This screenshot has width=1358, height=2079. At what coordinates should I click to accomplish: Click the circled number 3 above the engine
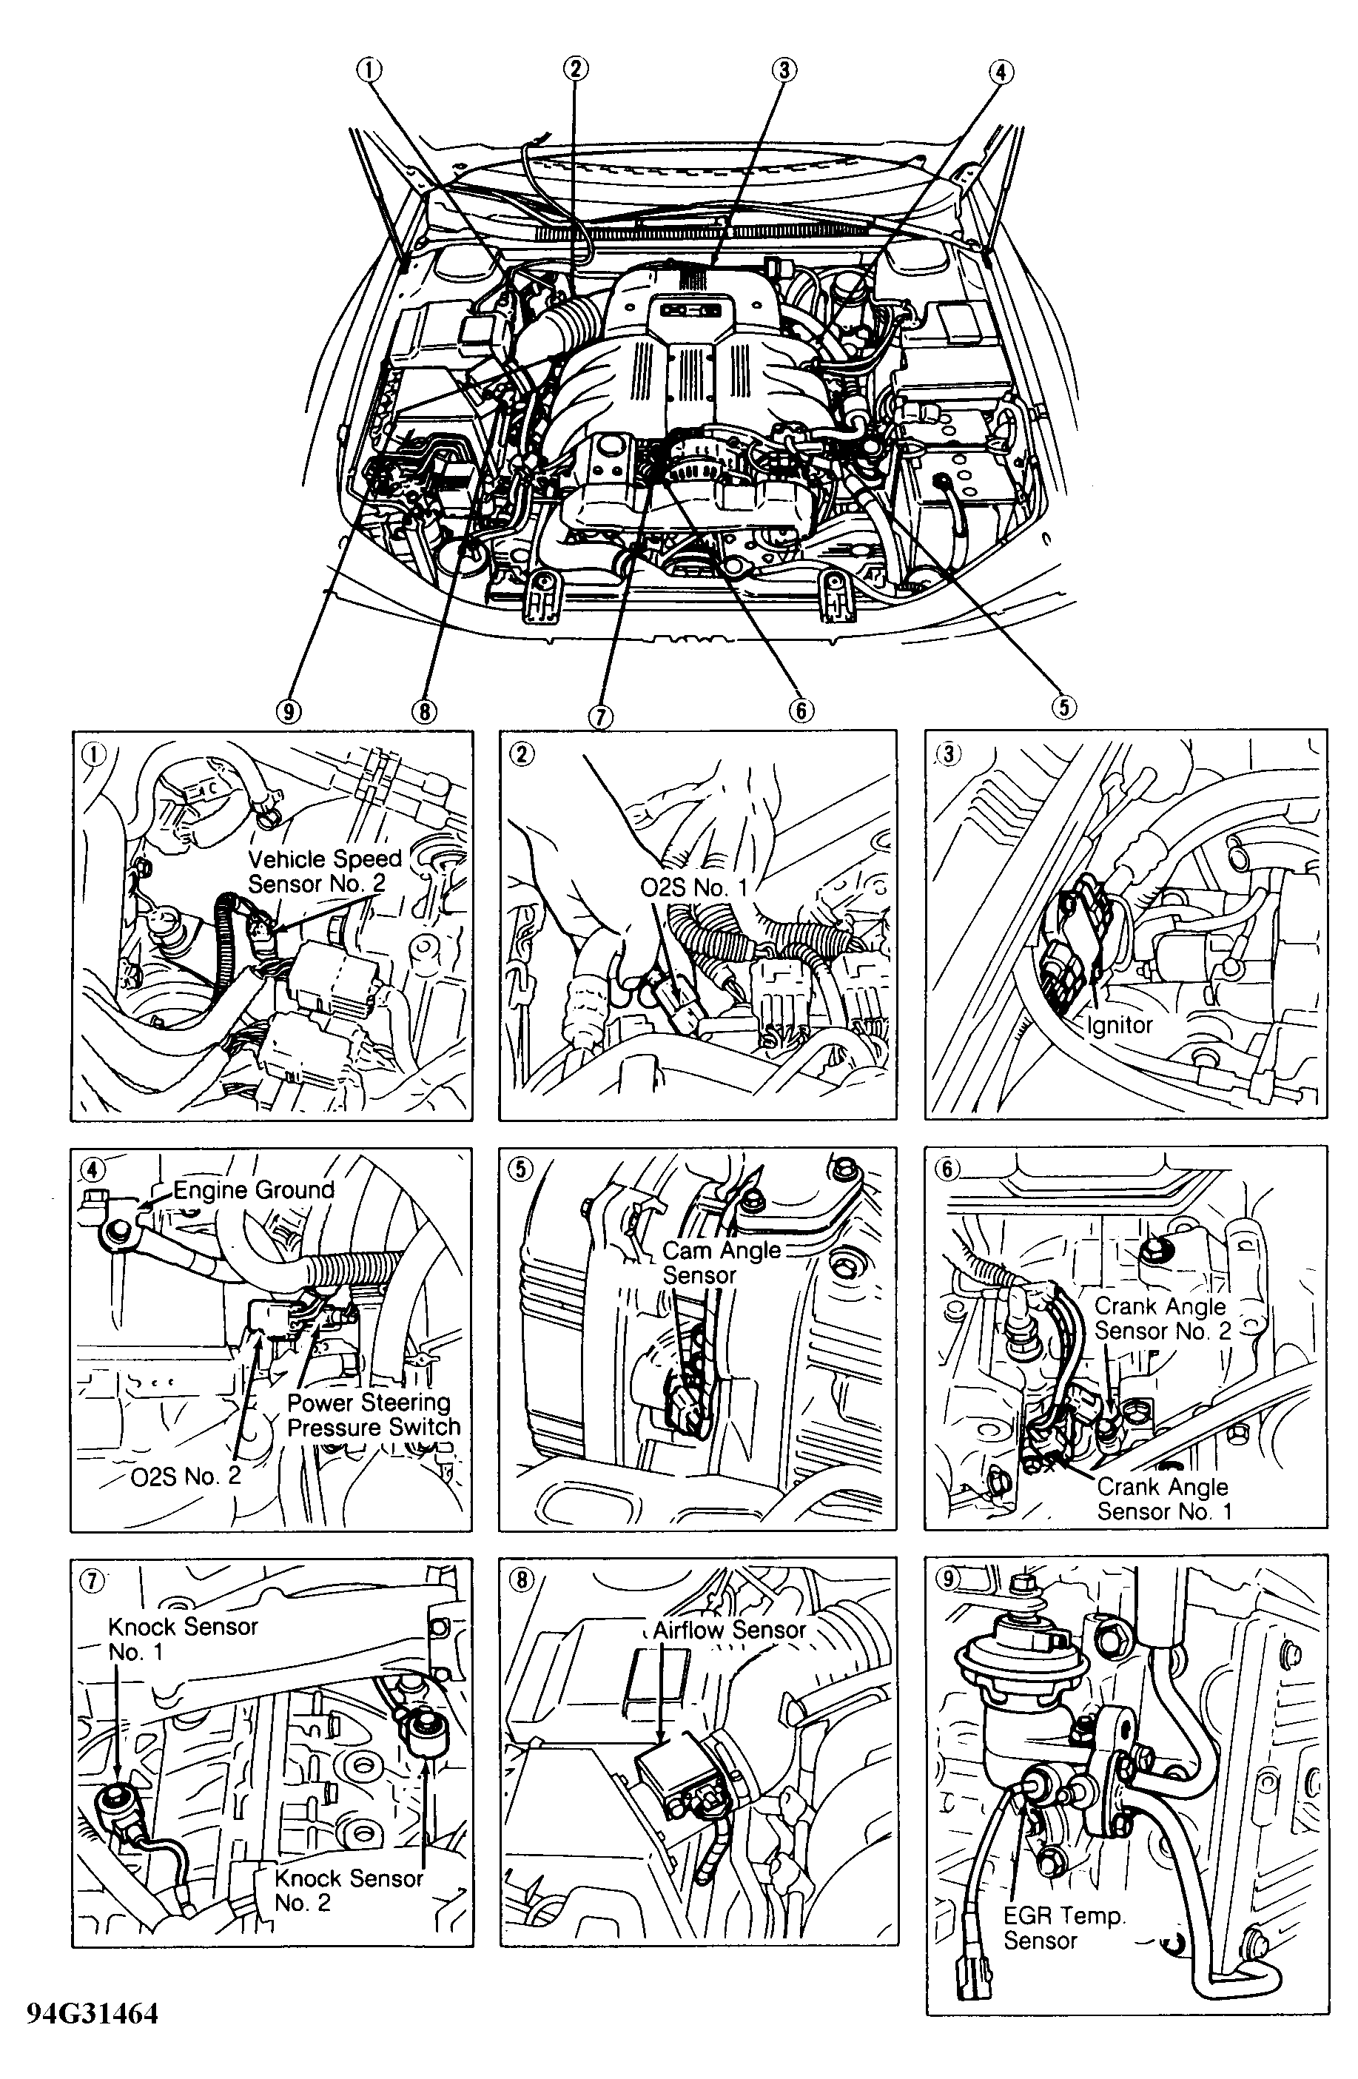784,70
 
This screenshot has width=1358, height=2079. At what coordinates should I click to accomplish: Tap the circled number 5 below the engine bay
1063,706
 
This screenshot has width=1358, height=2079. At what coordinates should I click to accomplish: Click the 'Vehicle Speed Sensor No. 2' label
325,871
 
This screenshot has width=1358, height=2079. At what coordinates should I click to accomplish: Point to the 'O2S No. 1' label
694,887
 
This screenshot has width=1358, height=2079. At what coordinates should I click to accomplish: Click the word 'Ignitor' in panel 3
1120,1024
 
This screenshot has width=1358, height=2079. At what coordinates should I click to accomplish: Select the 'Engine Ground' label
253,1190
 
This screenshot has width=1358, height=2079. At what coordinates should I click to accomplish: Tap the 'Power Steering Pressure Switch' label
374,1414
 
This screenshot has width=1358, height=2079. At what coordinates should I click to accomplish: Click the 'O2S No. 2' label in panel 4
185,1477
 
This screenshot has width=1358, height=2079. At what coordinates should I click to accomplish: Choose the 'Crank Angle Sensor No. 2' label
1163,1318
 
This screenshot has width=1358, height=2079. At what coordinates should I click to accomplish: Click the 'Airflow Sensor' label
730,1629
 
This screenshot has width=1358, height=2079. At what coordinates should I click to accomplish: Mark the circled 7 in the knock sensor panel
93,1580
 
